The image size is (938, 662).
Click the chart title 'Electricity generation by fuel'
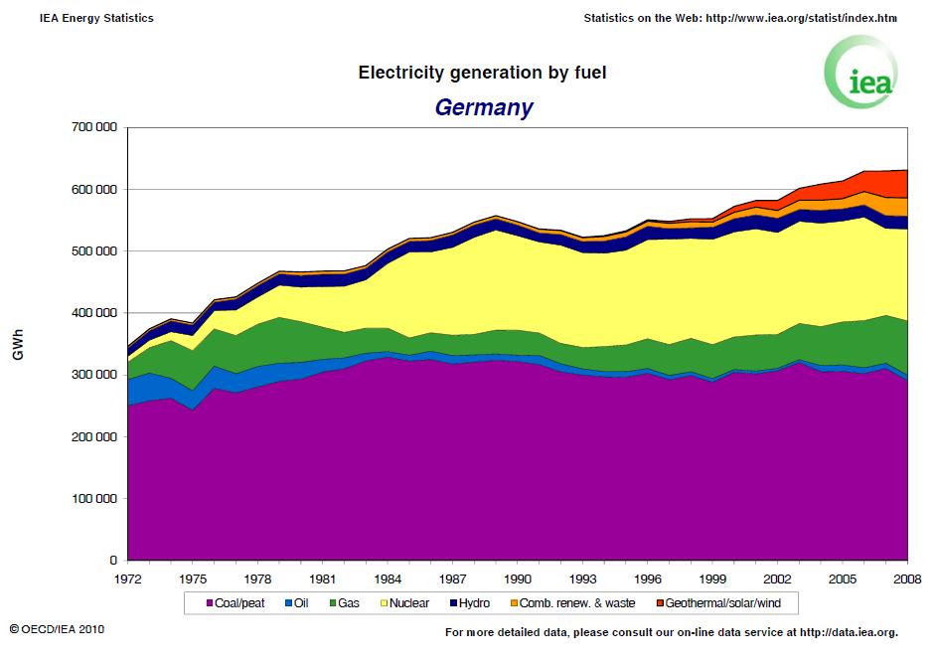click(x=482, y=73)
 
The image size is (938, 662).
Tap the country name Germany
click(x=483, y=107)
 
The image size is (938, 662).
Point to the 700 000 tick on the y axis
click(x=93, y=127)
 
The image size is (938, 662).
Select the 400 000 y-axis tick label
click(x=93, y=313)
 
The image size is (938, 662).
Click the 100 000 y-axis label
click(x=93, y=499)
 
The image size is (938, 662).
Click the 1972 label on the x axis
click(x=127, y=578)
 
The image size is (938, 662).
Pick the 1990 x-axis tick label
click(x=517, y=578)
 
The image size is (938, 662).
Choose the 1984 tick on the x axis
click(x=387, y=578)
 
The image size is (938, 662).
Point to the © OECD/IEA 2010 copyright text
click(x=57, y=630)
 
